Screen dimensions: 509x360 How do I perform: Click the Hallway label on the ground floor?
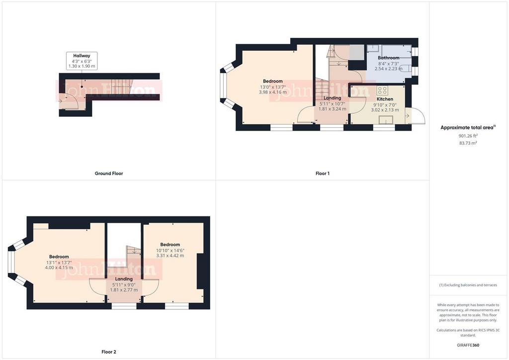(82, 56)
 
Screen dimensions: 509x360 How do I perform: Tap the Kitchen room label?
(385, 98)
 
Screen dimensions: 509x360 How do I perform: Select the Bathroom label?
(388, 58)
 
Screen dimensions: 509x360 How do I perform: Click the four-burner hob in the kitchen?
(382, 90)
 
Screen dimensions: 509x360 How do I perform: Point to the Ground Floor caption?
(109, 174)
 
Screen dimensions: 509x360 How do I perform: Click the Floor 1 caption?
(322, 174)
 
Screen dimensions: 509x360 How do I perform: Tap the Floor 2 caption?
(109, 352)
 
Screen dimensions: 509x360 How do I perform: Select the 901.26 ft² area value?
(468, 136)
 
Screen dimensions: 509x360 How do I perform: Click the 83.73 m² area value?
(468, 143)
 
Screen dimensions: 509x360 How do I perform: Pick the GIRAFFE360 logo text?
(468, 345)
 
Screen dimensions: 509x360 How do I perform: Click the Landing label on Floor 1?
(332, 98)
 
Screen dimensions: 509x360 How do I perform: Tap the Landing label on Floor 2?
(124, 279)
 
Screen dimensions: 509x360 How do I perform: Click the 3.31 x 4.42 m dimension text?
(170, 256)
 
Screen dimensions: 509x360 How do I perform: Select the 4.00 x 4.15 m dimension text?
(59, 268)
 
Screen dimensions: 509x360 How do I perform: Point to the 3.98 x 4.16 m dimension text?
(273, 92)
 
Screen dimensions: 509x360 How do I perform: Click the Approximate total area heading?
(468, 128)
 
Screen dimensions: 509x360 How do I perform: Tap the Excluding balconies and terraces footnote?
(468, 285)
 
